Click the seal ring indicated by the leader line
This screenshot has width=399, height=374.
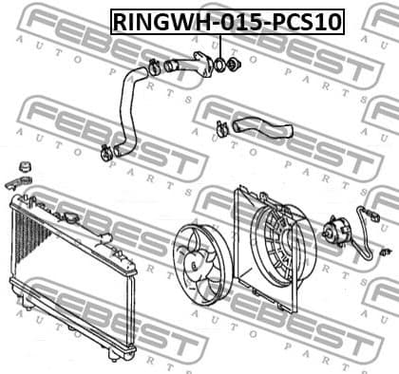(x=220, y=66)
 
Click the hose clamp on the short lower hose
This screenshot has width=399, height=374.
(x=221, y=128)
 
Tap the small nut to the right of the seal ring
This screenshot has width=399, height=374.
(x=235, y=65)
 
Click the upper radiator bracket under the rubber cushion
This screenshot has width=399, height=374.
(x=18, y=180)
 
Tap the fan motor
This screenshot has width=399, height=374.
(x=338, y=232)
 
